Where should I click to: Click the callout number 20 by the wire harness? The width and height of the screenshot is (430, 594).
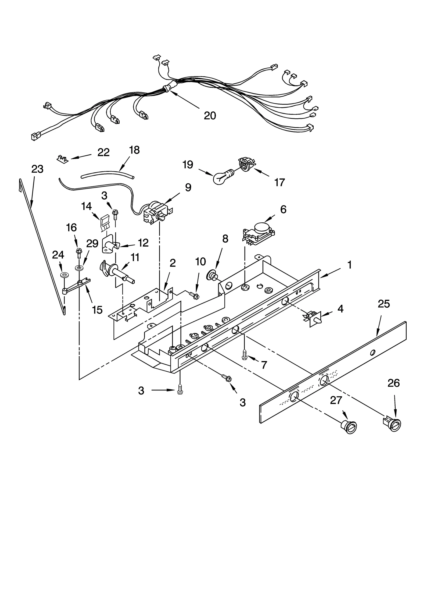pos(210,116)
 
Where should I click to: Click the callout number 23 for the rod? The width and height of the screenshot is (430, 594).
pos(37,169)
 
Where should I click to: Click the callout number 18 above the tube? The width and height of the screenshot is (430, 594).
pos(134,150)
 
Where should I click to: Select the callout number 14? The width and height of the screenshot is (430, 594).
pos(86,206)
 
